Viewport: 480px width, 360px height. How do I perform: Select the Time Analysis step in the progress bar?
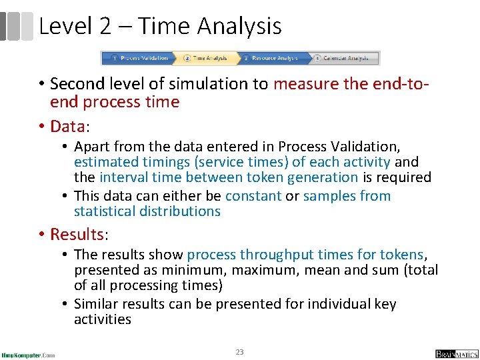point(207,58)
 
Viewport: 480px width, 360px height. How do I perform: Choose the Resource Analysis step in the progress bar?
point(273,58)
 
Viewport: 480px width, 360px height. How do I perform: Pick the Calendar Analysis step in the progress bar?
point(344,58)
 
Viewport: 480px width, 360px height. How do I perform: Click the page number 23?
point(240,351)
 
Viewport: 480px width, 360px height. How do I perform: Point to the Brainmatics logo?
point(457,353)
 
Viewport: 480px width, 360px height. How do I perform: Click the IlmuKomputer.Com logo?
point(28,354)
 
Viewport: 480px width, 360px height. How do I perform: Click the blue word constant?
point(253,196)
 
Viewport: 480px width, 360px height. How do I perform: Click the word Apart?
point(92,147)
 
